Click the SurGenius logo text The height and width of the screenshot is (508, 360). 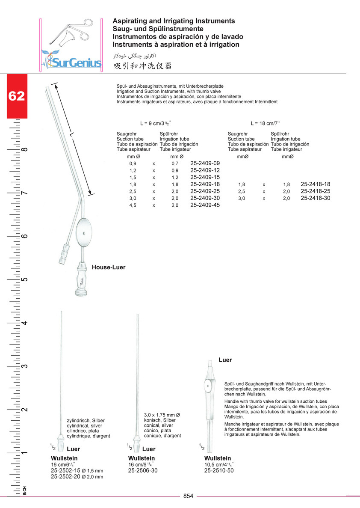tap(75, 63)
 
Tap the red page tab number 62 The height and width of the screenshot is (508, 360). tap(17, 96)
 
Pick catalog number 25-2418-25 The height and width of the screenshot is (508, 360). tap(316, 191)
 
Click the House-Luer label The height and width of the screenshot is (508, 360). tap(109, 267)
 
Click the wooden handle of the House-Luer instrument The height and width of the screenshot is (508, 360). tap(81, 278)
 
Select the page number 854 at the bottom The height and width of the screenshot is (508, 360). tap(189, 496)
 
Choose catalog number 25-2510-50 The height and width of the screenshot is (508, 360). tap(219, 470)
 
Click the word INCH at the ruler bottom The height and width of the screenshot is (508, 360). tap(25, 491)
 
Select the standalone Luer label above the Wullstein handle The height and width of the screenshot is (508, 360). tap(225, 360)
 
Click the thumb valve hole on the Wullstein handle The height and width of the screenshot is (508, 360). tap(208, 386)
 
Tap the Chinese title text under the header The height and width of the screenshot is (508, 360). tap(142, 66)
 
